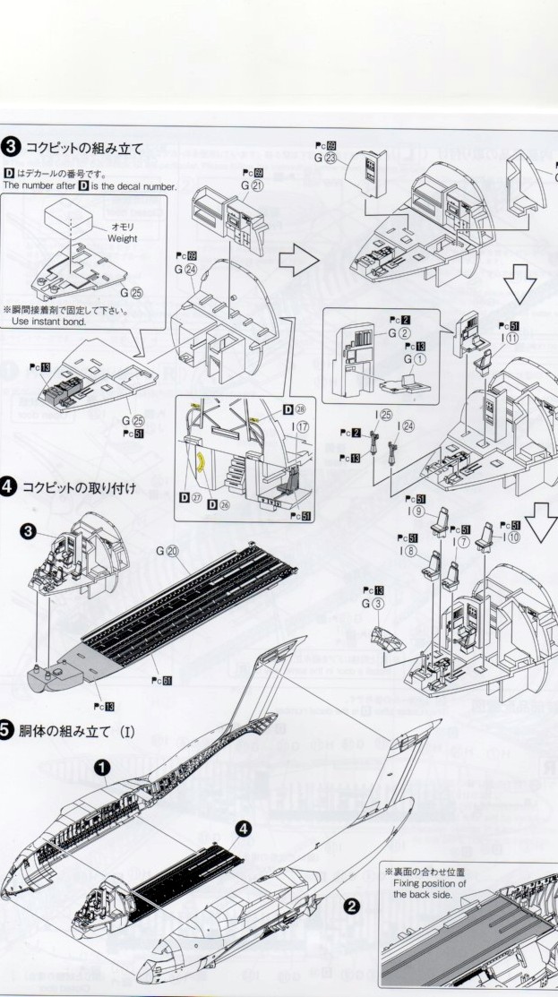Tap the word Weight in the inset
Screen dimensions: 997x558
click(x=122, y=239)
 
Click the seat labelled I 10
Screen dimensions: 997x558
click(x=488, y=535)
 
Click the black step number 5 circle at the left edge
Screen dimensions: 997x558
click(x=7, y=732)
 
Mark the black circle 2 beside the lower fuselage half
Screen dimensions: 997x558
click(x=352, y=905)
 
